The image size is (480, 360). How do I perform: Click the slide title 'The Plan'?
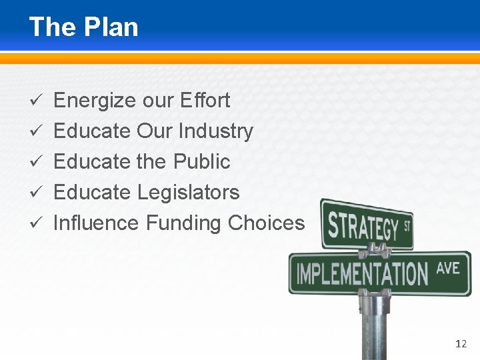(83, 27)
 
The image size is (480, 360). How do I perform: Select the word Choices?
(266, 223)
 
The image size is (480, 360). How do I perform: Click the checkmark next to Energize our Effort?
(39, 101)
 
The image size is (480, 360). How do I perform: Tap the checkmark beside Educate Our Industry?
(39, 132)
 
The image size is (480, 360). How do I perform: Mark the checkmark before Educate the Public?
(39, 162)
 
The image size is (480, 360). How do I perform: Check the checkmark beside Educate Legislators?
(39, 193)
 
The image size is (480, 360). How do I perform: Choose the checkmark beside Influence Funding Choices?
(39, 223)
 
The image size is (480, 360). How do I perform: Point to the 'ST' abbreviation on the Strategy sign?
(406, 227)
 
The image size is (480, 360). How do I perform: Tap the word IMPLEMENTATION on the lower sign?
(362, 273)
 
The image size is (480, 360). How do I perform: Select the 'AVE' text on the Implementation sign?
(448, 268)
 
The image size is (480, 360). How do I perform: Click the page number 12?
(461, 344)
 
